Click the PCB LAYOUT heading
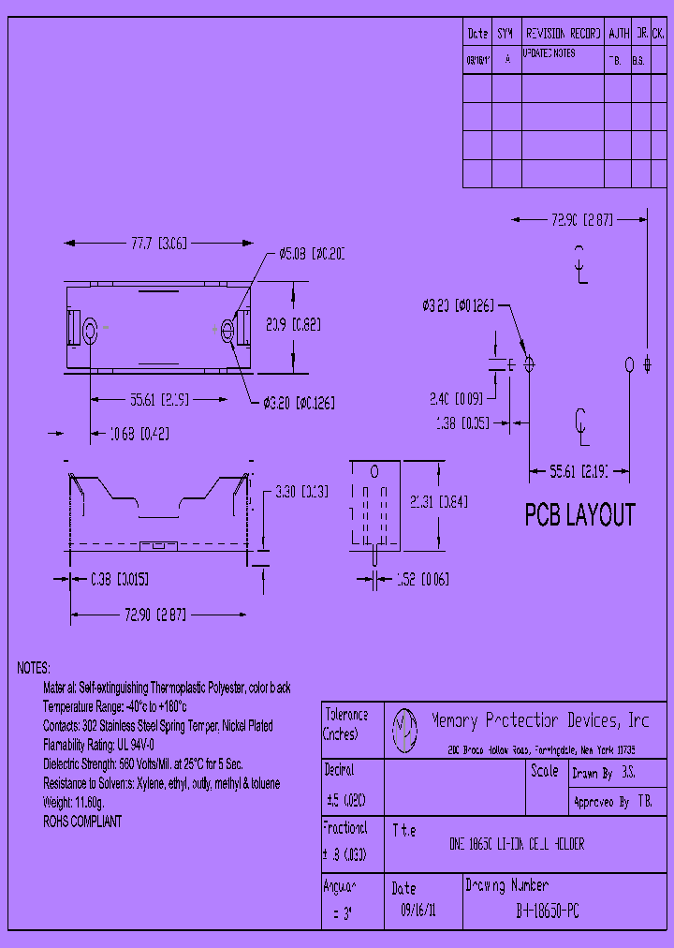[579, 515]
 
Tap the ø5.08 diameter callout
[312, 254]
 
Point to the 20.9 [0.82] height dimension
[293, 325]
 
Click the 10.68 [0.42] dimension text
[139, 434]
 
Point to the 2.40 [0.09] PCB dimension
[456, 397]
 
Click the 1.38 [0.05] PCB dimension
[462, 423]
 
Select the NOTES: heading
[34, 668]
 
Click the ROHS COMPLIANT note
[82, 822]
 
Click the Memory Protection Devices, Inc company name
[539, 720]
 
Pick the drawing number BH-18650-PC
[548, 910]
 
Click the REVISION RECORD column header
[562, 33]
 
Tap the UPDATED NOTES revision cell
[549, 54]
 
